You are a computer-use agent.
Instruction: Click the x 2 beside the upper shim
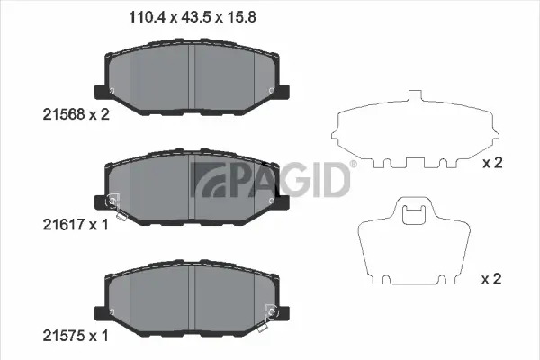click(491, 163)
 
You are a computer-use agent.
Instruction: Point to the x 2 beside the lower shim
click(491, 279)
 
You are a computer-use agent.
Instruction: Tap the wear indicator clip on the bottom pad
click(269, 314)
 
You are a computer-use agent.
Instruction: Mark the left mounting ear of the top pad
click(101, 92)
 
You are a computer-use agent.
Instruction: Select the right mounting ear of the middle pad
click(285, 202)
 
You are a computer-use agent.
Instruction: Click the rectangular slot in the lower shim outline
click(414, 214)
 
